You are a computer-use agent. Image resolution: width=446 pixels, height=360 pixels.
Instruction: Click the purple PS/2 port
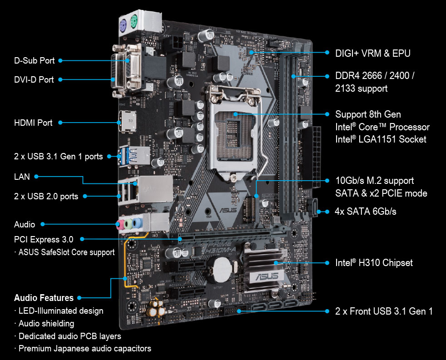pos(123,27)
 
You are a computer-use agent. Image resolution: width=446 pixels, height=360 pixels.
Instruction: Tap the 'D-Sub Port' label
pos(35,60)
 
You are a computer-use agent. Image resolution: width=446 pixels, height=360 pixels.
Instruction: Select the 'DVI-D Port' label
pos(34,79)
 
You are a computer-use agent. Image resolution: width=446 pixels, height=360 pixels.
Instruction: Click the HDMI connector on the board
pos(127,122)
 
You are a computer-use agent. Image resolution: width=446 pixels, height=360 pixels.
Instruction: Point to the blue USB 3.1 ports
pos(125,156)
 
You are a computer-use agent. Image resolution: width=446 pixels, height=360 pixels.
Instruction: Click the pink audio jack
pos(120,225)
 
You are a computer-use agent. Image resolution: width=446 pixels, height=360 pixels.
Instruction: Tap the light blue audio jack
pos(137,223)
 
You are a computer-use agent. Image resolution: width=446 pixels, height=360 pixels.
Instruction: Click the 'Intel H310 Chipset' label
pos(374,263)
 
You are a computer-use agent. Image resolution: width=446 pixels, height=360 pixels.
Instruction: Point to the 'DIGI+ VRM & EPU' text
pos(372,54)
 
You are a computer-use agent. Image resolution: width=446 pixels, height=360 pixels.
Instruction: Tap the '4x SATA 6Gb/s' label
pos(366,212)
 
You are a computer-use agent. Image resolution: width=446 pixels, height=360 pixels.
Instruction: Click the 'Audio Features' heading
pos(44,298)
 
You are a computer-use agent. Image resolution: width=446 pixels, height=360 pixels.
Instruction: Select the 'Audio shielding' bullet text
pos(46,324)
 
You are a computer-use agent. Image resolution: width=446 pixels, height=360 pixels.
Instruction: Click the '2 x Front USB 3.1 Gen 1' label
pos(384,311)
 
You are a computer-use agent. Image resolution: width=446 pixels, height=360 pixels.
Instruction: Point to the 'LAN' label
pos(22,177)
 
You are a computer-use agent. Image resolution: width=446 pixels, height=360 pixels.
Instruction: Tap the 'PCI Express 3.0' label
pos(44,239)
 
